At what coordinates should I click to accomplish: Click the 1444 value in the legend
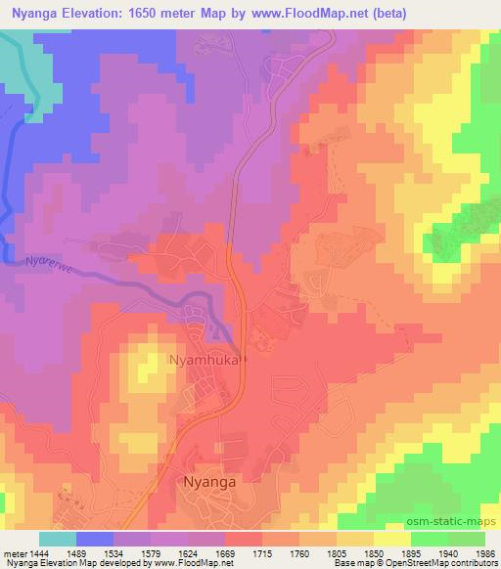[x=41, y=553]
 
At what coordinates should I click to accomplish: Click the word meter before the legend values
[x=15, y=553]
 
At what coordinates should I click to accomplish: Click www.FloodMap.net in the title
[x=304, y=14]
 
